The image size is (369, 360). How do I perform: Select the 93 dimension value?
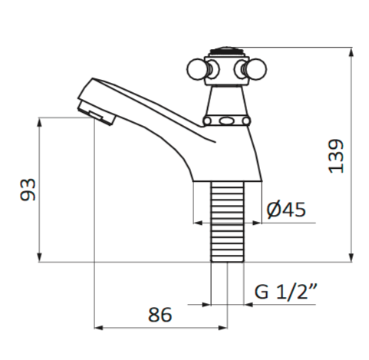28,190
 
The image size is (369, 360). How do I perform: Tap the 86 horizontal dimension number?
159,314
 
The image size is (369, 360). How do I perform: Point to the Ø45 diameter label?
286,209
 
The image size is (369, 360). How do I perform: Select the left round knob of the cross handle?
196,70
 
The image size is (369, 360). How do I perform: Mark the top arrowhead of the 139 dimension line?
352,52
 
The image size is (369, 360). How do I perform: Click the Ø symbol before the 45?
274,209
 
